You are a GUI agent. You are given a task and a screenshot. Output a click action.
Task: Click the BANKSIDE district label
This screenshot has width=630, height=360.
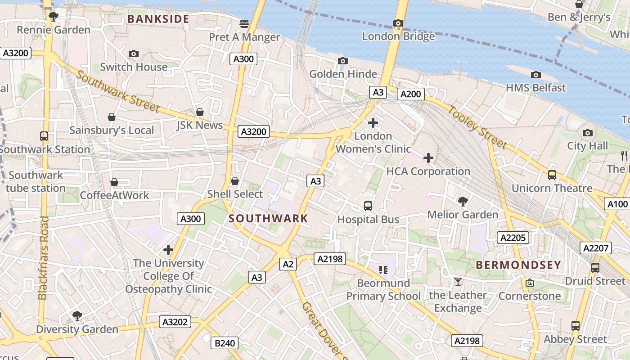[158, 19]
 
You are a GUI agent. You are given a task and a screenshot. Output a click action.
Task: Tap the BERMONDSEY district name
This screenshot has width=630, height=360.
[518, 265]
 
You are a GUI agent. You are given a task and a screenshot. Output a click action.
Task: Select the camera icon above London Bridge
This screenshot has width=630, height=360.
[398, 23]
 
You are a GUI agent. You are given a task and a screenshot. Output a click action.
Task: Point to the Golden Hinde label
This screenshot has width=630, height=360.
[343, 74]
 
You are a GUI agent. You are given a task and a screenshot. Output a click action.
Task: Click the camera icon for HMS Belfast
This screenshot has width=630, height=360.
[535, 75]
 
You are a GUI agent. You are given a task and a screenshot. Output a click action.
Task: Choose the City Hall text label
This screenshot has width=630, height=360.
[587, 146]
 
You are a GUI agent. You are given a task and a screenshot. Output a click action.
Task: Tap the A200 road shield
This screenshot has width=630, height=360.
[411, 94]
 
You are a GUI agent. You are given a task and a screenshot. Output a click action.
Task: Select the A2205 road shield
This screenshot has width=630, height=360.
[513, 238]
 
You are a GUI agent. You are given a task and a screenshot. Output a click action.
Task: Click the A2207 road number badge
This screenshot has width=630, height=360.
[596, 248]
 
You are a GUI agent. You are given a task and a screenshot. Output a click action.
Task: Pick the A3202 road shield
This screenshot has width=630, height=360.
[175, 322]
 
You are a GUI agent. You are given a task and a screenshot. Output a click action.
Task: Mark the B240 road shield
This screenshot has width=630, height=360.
[225, 343]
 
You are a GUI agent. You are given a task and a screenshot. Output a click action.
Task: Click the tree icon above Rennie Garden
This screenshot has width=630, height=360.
[54, 17]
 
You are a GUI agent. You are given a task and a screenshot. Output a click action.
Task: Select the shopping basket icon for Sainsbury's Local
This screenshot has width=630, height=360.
[112, 117]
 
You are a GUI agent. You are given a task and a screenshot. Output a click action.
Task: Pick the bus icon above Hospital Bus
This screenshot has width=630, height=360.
[368, 206]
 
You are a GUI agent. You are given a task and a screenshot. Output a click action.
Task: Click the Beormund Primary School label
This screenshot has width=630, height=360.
[383, 290]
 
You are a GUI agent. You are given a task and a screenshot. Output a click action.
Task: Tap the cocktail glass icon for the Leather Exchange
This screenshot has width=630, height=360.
[458, 282]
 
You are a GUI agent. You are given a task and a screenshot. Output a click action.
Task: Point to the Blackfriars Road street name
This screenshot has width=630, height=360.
[43, 258]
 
